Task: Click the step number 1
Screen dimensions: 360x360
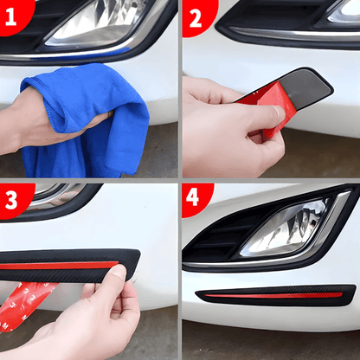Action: tap(10, 16)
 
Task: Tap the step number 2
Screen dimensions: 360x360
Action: tap(196, 18)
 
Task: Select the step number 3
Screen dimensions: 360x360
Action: tap(11, 200)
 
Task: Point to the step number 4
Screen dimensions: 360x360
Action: tap(192, 197)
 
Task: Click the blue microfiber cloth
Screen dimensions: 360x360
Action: tap(87, 121)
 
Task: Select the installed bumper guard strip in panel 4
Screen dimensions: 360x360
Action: tap(276, 295)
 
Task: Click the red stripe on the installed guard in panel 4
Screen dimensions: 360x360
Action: tap(273, 295)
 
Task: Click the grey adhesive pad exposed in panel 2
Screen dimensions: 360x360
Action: tap(305, 87)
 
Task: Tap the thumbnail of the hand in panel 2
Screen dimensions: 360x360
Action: tap(279, 113)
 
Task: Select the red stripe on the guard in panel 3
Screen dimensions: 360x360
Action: tap(59, 266)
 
